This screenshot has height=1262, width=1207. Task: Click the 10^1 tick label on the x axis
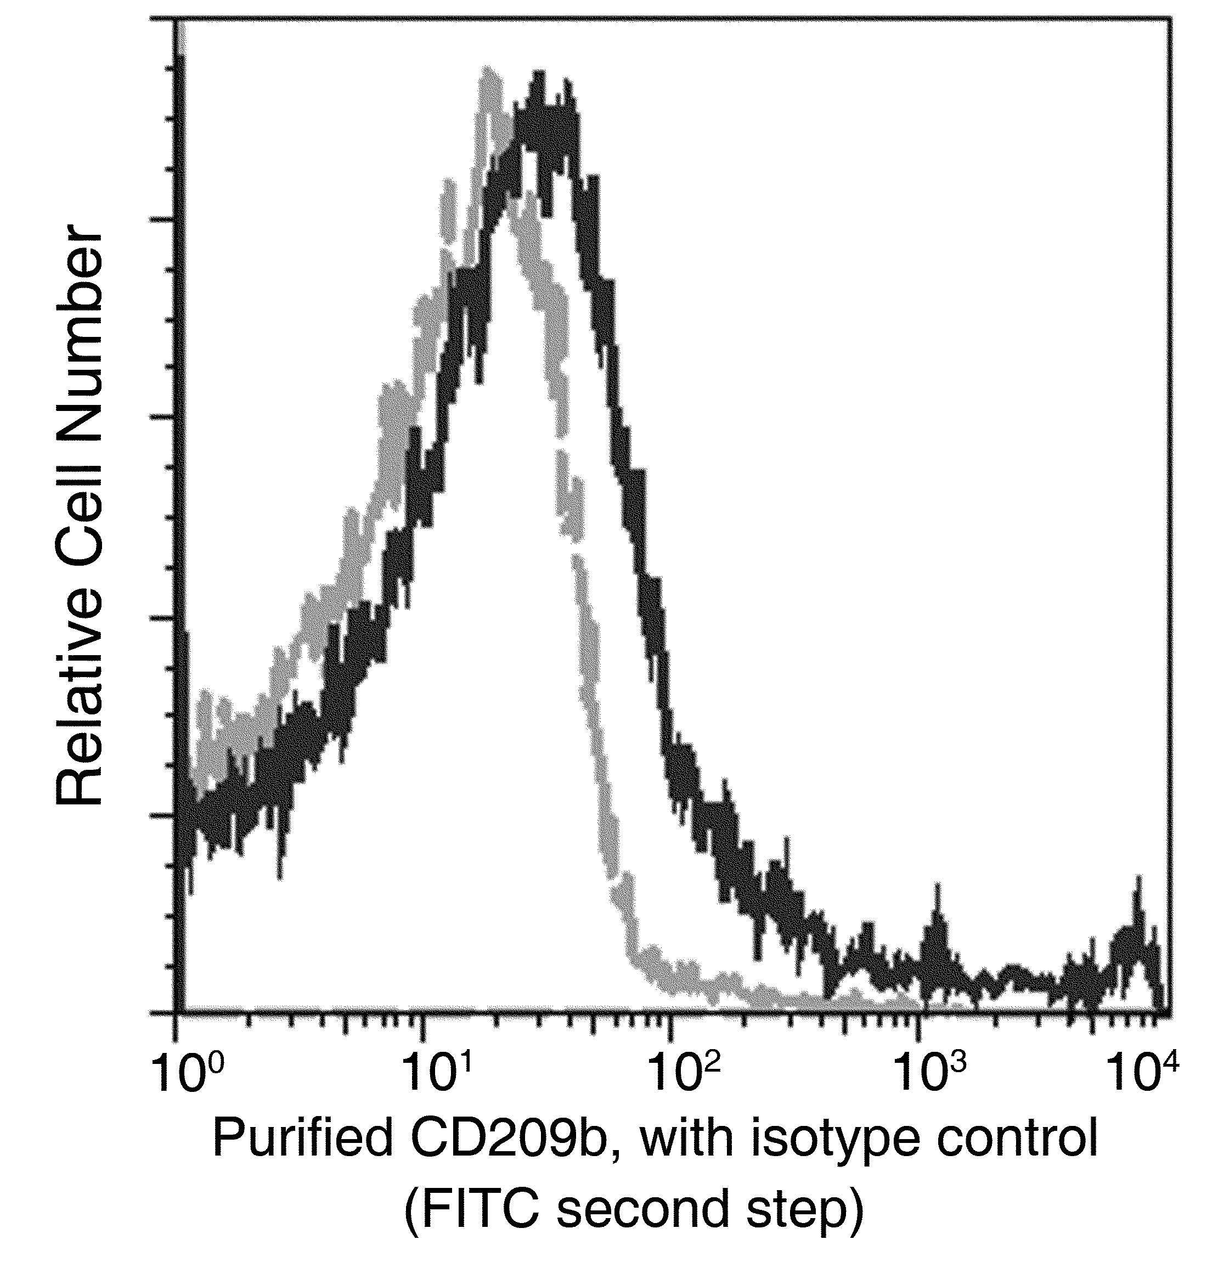click(x=436, y=1077)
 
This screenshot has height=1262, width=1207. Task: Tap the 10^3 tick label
click(x=931, y=1077)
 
